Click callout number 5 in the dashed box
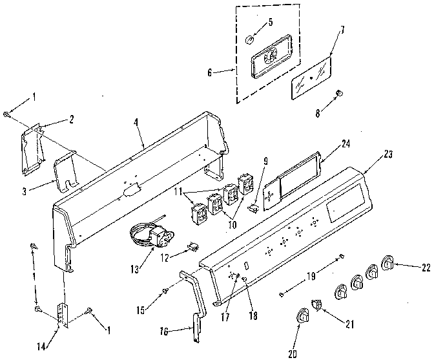(270, 21)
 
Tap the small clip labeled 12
(192, 246)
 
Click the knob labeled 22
(389, 264)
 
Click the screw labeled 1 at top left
(6, 114)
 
